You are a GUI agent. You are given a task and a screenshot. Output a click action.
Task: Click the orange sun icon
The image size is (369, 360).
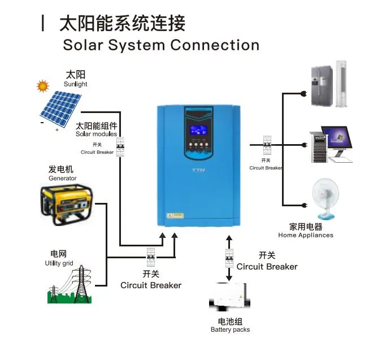tap(42, 86)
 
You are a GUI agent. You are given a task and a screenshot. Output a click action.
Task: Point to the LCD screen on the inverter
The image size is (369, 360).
tap(199, 130)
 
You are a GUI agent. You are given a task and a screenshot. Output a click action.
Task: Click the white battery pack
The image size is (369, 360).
tap(229, 296)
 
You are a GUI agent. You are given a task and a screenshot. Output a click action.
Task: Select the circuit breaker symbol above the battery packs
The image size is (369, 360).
tap(229, 258)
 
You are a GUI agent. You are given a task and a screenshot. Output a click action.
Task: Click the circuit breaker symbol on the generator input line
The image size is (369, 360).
tap(151, 258)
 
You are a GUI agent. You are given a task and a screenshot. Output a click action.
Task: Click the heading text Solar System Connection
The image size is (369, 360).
tap(161, 45)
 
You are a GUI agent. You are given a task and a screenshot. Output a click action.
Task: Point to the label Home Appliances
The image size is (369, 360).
tap(305, 235)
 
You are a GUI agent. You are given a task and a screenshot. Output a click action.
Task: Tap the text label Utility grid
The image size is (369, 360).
tap(59, 263)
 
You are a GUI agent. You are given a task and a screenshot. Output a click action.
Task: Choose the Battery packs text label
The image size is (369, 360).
tap(230, 329)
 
